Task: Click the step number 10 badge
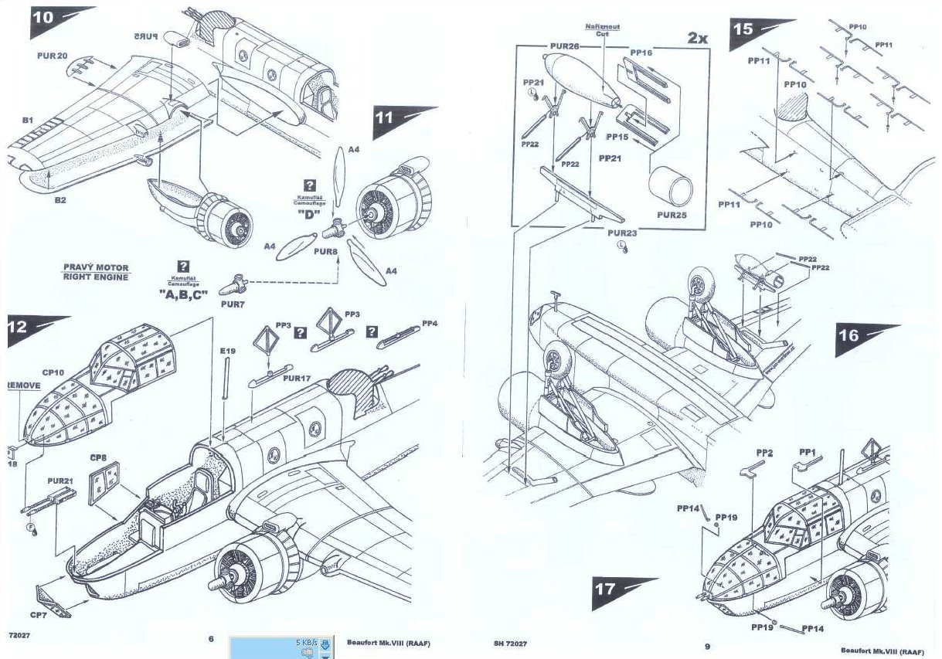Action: (x=45, y=19)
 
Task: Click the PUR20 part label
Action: (x=53, y=56)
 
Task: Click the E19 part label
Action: (x=226, y=352)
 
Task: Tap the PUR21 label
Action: (x=60, y=481)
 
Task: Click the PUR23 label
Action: (x=621, y=233)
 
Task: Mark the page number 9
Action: (x=706, y=645)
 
